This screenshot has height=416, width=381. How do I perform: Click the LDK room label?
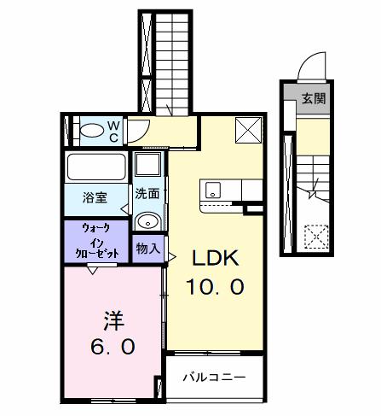(x=218, y=257)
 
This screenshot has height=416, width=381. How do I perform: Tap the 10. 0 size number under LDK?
(x=217, y=286)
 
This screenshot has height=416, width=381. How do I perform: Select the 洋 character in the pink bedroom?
(x=113, y=321)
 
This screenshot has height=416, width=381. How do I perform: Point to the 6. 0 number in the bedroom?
(x=113, y=349)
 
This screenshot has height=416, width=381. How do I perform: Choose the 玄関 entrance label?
(x=311, y=98)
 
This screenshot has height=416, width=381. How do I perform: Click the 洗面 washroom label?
(x=147, y=195)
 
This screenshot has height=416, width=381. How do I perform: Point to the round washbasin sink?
(x=148, y=220)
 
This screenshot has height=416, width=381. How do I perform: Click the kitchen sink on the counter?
(x=212, y=190)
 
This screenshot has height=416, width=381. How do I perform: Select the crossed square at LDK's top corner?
(x=248, y=130)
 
